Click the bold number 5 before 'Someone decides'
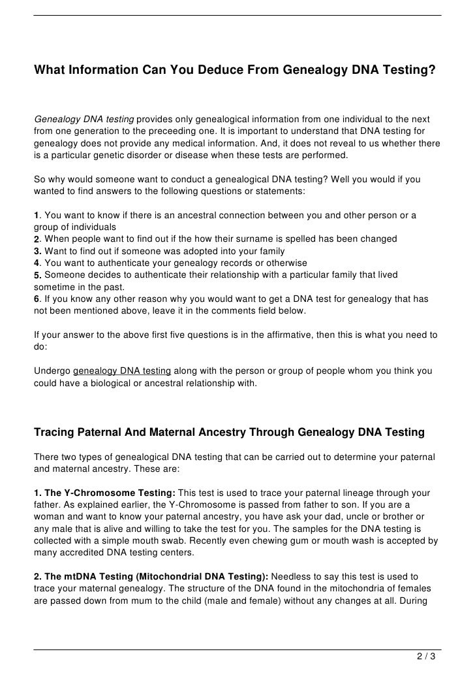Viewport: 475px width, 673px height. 37,275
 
